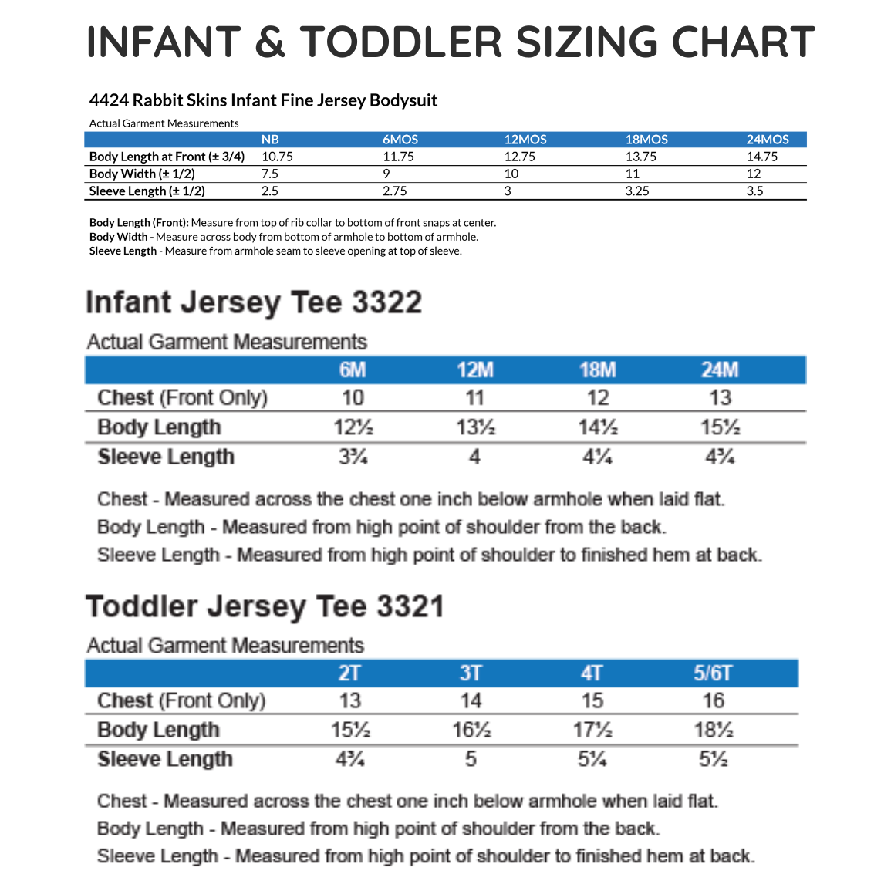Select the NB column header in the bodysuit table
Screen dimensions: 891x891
point(270,140)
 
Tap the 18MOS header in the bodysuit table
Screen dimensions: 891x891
point(646,140)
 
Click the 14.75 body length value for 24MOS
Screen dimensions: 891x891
point(762,157)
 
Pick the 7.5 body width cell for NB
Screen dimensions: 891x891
point(270,174)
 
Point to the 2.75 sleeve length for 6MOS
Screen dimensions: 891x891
point(394,191)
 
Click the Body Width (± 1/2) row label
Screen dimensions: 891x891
point(142,174)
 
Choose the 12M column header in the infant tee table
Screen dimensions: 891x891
point(474,370)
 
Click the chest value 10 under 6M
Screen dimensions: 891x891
point(353,398)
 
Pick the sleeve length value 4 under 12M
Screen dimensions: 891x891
point(474,457)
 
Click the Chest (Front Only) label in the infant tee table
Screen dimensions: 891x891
point(182,398)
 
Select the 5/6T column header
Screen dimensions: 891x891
point(712,673)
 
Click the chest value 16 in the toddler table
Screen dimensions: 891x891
point(713,700)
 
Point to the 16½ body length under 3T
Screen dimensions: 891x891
point(471,730)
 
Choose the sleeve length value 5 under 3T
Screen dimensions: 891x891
point(471,759)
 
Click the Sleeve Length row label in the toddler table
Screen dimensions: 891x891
point(165,759)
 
